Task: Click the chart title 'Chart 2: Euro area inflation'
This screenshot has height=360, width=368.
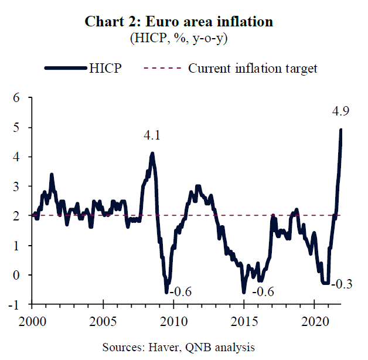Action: point(179,22)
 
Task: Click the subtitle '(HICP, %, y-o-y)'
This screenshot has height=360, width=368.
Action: point(179,38)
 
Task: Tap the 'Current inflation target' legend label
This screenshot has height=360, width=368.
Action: point(253,68)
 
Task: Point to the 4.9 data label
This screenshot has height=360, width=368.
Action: point(340,111)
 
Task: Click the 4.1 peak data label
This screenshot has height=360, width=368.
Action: point(152,136)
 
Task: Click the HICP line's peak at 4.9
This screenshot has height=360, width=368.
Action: point(340,130)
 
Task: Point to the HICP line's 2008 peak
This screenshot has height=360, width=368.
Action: point(152,154)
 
